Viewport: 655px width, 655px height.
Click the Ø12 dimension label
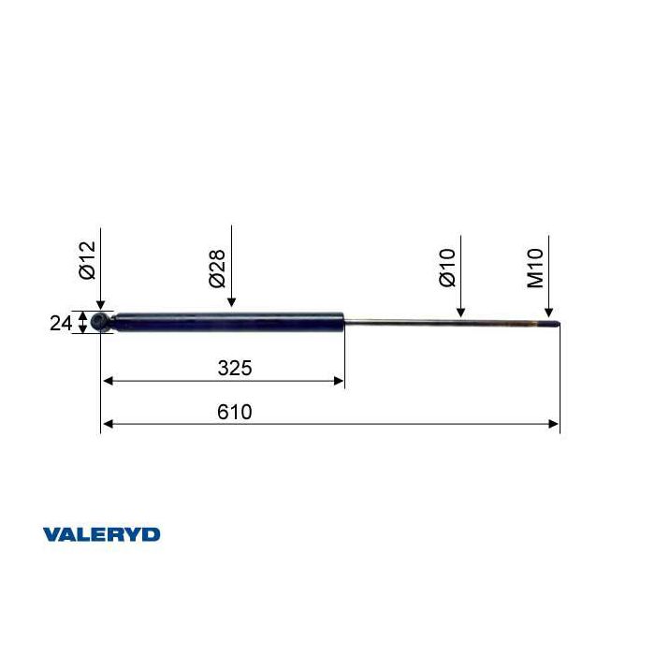tap(87, 260)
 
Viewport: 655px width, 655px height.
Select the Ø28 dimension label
tap(217, 269)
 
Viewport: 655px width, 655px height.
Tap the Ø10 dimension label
tap(447, 268)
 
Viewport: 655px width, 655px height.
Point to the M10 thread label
tap(535, 269)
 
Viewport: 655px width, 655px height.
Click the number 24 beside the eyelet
tap(61, 324)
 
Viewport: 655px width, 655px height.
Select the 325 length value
tap(235, 368)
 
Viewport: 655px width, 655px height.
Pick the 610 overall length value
tap(235, 412)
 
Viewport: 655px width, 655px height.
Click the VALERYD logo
tap(101, 534)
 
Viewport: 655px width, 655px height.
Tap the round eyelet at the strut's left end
tap(100, 322)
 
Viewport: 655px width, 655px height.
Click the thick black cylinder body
tap(228, 322)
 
